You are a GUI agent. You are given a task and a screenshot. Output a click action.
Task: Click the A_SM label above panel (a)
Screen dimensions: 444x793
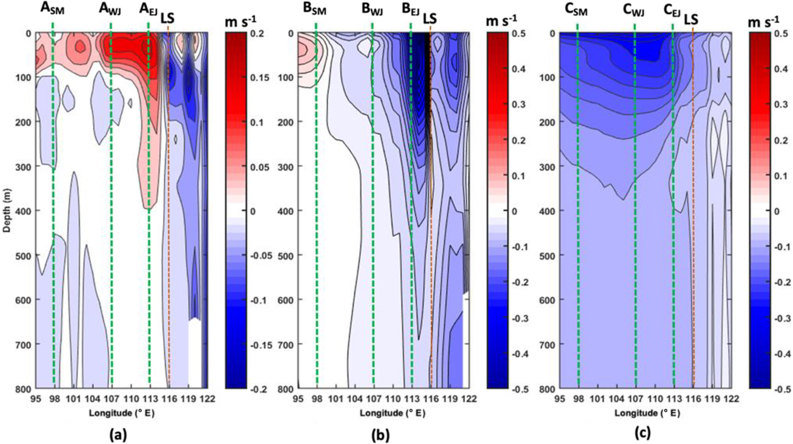(x=52, y=8)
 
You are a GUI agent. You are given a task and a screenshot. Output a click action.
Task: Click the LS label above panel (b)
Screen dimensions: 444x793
(x=430, y=18)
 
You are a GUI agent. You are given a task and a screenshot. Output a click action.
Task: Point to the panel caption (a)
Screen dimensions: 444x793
(x=118, y=434)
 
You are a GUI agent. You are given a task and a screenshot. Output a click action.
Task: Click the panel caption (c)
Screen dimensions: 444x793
(x=642, y=433)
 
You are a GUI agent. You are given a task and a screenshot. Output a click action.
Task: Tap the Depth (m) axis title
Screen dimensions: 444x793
(x=7, y=210)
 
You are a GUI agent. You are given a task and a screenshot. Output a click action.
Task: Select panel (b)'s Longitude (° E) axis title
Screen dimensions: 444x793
(x=392, y=413)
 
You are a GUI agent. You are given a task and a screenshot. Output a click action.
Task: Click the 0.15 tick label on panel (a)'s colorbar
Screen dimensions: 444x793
(x=260, y=77)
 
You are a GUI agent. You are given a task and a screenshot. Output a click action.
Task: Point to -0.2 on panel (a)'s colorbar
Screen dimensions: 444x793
(x=259, y=389)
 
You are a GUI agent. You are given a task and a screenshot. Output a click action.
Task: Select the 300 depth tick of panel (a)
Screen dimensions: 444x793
(x=23, y=167)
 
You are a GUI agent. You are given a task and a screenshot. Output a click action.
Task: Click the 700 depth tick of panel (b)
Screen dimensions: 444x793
(x=285, y=345)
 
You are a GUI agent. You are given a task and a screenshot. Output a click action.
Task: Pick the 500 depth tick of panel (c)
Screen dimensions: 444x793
(x=547, y=256)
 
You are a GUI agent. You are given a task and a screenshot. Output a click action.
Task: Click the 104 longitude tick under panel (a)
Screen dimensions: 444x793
(x=92, y=399)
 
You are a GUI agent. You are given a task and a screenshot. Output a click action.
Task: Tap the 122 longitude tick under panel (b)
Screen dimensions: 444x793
(x=469, y=399)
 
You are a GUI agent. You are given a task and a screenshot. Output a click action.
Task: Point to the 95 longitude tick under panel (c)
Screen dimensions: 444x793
(x=559, y=399)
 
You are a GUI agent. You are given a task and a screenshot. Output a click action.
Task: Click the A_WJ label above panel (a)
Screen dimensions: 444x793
(x=110, y=8)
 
